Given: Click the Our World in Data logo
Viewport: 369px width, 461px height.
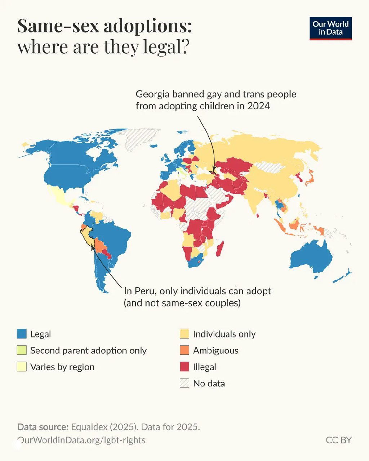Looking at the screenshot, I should coord(330,28).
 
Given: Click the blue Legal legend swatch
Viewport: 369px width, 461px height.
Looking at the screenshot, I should coord(22,334).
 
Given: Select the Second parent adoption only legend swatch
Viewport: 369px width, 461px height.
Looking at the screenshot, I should coord(22,350).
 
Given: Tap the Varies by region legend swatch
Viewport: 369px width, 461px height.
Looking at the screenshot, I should coord(22,367).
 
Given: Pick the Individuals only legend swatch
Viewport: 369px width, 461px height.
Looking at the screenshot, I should coord(184,334).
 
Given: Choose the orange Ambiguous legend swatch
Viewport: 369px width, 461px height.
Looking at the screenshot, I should coord(184,350).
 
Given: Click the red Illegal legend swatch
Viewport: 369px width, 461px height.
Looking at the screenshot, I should coord(184,367).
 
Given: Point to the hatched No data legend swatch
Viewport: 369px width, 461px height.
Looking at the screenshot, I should coord(184,383).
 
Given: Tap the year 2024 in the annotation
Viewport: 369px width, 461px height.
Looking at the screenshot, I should coord(258,106).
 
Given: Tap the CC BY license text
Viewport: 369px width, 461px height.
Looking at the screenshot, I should coord(338,440).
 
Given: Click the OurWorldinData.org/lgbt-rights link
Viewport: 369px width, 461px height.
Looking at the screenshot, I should coord(81,440).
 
